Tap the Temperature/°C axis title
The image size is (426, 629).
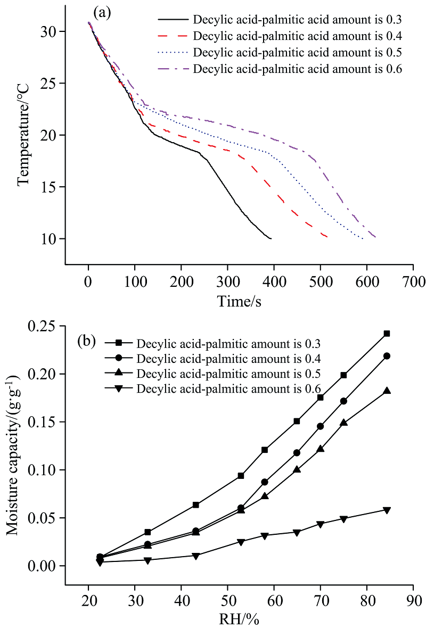point(23,135)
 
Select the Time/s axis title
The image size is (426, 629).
point(239,301)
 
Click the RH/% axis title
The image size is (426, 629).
point(239,619)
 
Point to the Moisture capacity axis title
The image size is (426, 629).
point(15,447)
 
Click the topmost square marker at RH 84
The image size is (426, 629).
point(387,334)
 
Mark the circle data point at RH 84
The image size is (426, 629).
point(387,356)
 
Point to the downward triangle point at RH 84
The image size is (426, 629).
point(387,510)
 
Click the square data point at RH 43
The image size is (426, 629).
point(196,504)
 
